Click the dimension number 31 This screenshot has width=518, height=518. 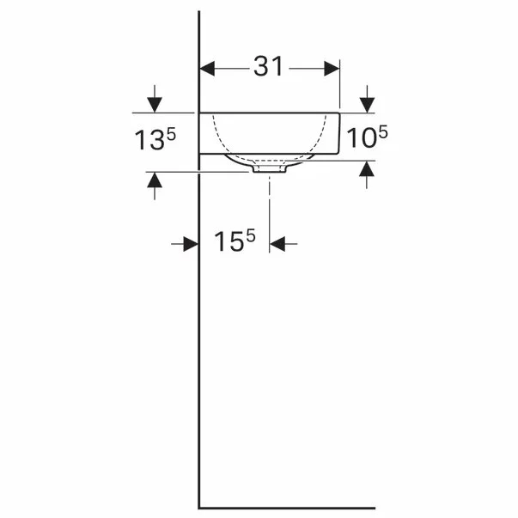[268, 66]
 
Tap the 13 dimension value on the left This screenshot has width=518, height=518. [149, 140]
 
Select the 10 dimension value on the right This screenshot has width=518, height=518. [361, 137]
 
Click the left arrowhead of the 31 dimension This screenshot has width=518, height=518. [208, 69]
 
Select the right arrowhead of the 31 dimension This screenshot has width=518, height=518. [332, 69]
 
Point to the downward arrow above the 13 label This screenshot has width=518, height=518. [155, 99]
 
